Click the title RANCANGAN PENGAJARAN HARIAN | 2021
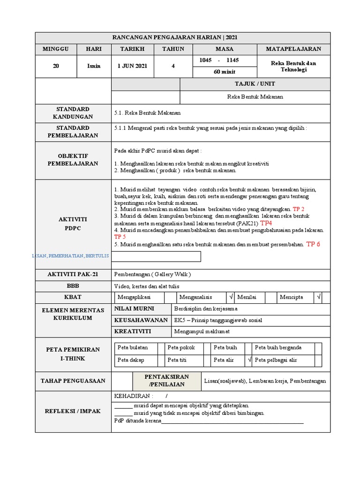click(x=183, y=37)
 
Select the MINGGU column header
click(x=56, y=49)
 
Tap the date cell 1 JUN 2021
click(x=132, y=66)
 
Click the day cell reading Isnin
click(x=94, y=66)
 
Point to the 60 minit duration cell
click(x=225, y=72)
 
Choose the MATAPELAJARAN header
click(x=293, y=49)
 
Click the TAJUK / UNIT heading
click(x=255, y=84)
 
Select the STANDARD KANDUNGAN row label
click(x=73, y=113)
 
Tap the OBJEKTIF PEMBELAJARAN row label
click(x=73, y=160)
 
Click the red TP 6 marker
click(x=313, y=244)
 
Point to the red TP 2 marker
click(x=299, y=209)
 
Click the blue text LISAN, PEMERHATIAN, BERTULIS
click(x=70, y=255)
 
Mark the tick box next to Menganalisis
click(x=231, y=297)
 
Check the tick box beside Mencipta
click(x=318, y=297)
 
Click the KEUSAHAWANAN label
click(x=141, y=320)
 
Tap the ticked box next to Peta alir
click(x=250, y=360)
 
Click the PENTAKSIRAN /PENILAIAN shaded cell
click(x=166, y=381)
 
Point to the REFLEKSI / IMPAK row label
click(x=73, y=411)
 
